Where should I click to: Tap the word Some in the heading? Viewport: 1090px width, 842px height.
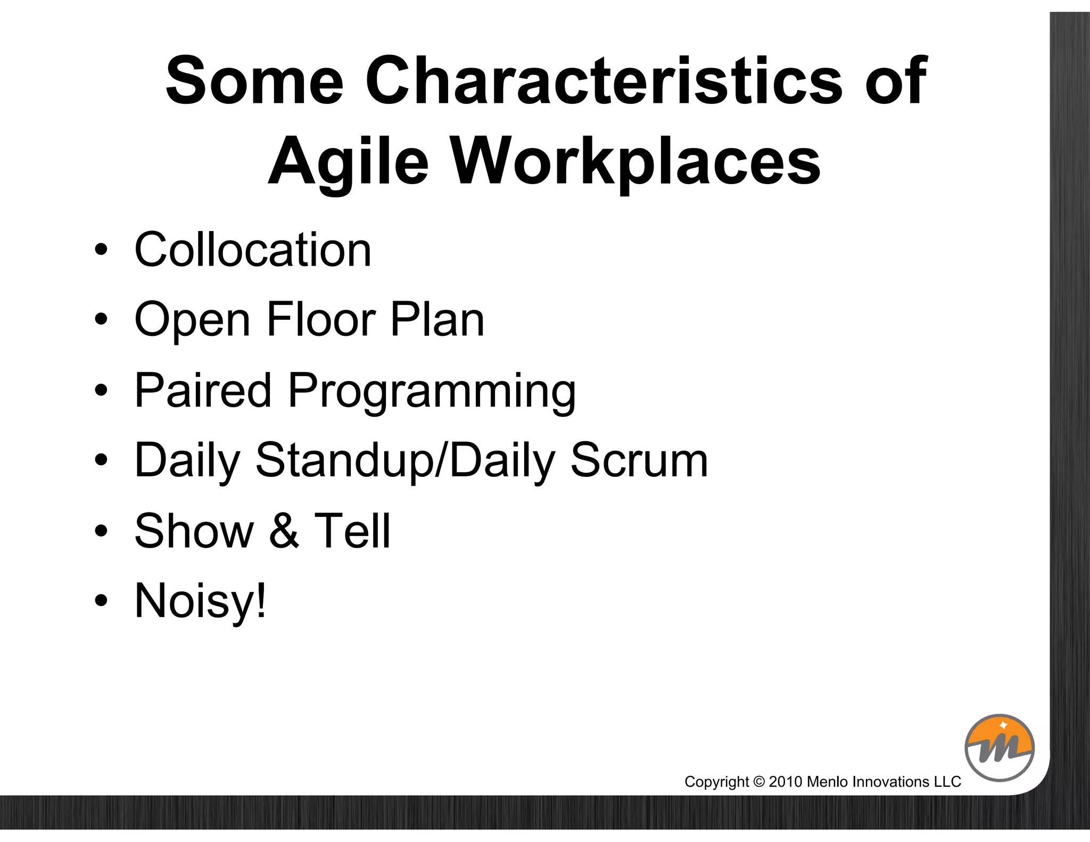click(x=254, y=81)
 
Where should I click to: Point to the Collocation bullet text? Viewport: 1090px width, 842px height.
click(x=253, y=250)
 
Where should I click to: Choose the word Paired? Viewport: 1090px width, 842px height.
click(x=203, y=390)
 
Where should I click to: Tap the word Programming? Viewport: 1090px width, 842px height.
click(x=432, y=393)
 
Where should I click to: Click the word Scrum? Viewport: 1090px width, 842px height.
click(x=639, y=460)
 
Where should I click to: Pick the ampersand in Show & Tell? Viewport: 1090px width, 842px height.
click(x=284, y=531)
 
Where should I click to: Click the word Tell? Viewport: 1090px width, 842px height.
click(x=352, y=531)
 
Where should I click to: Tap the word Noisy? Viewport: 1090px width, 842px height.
click(x=200, y=601)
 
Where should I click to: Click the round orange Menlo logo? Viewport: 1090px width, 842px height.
click(x=1000, y=748)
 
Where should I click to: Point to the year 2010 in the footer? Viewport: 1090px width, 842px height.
click(x=785, y=782)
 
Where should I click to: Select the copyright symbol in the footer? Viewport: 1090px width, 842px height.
click(x=759, y=782)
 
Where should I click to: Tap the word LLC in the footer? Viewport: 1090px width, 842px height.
click(x=948, y=782)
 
